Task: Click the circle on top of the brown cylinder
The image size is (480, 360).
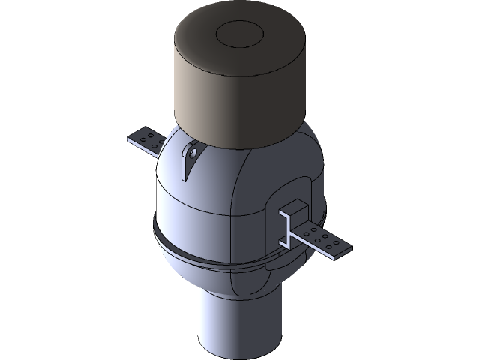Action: point(239,34)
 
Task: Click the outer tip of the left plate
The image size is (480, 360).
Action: point(127,138)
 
